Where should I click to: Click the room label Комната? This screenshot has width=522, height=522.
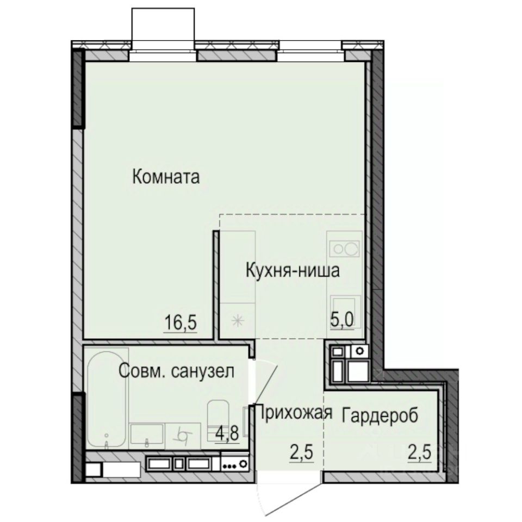(166, 177)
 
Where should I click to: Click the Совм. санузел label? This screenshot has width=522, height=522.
(177, 372)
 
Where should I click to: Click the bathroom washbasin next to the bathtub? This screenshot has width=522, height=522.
(147, 434)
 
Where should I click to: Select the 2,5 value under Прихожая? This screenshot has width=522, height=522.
(298, 451)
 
